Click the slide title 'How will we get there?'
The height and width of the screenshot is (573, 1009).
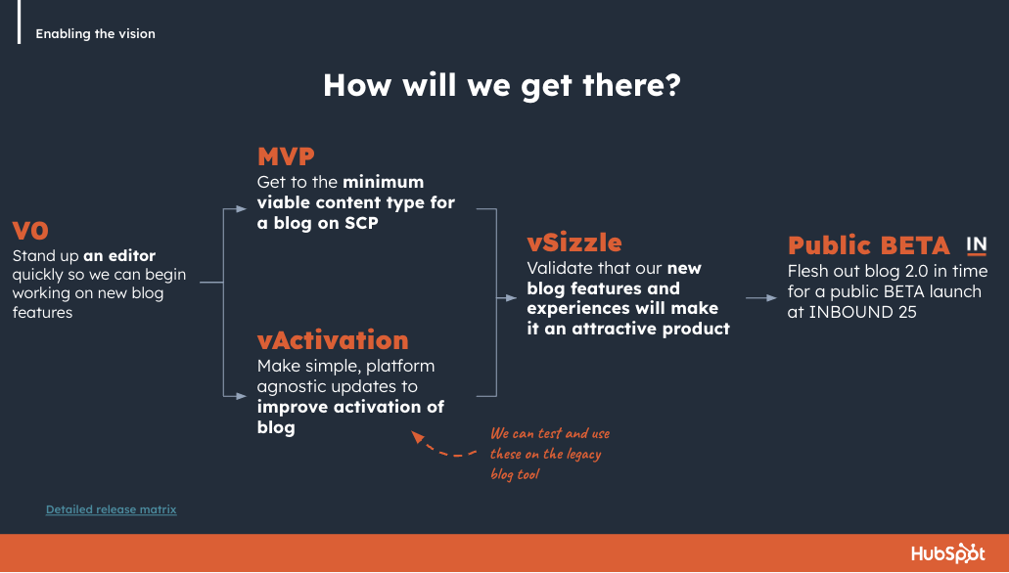[502, 85]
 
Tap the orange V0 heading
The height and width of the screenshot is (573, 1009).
[30, 231]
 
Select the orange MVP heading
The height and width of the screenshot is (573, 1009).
[286, 156]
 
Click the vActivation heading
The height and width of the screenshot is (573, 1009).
[333, 340]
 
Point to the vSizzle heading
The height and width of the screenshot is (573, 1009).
[574, 242]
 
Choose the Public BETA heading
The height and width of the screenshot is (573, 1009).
[869, 245]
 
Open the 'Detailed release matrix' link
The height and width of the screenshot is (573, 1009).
[111, 509]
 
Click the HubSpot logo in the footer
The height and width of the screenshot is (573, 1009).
[948, 553]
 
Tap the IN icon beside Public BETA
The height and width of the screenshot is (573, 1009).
[976, 245]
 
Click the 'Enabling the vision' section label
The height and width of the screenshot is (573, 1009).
[95, 33]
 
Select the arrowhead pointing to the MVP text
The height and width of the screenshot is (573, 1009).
[242, 209]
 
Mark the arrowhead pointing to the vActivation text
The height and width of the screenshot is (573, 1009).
[242, 396]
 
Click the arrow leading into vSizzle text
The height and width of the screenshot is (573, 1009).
[506, 298]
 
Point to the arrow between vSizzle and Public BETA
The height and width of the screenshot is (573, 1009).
[761, 298]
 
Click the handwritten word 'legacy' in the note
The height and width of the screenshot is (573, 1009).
[583, 455]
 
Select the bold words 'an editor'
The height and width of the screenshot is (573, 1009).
[119, 255]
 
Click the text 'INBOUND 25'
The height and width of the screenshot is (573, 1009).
[862, 312]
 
